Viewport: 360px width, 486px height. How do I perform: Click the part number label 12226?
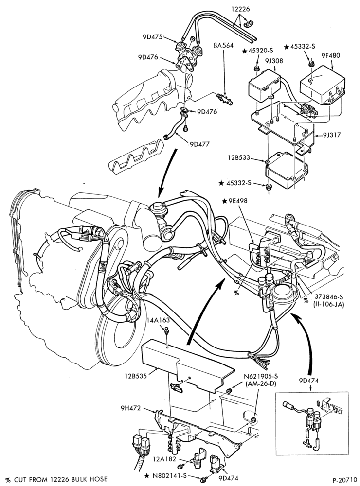tap(240, 9)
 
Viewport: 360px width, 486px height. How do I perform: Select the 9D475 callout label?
tap(153, 37)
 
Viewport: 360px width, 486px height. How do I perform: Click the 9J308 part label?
tap(273, 61)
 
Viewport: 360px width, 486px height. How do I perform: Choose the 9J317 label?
tap(331, 135)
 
